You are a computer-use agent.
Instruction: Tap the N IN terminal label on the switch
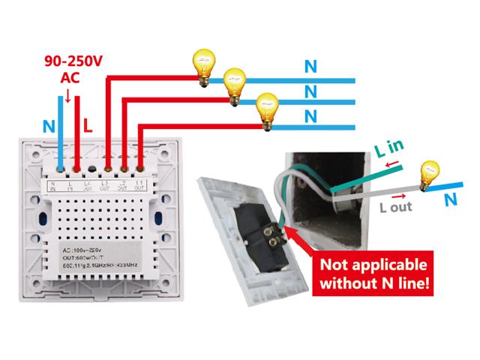coord(54,185)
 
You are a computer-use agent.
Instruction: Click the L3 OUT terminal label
coord(105,185)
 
